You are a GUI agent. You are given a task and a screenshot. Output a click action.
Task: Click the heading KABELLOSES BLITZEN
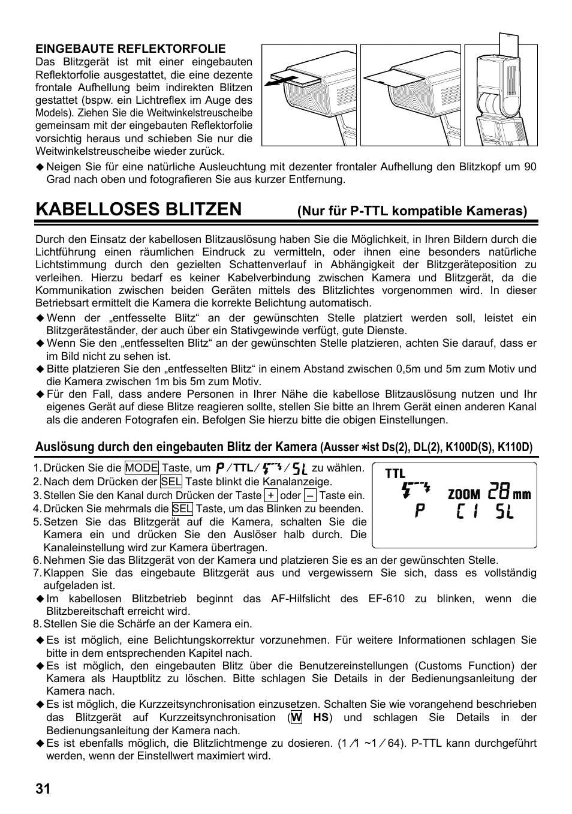coord(139,209)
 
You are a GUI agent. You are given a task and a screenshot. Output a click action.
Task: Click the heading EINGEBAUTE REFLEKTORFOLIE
coord(130,49)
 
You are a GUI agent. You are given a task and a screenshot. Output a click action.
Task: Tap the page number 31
coord(43,789)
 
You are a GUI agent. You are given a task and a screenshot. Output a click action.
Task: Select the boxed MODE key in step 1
coord(142,468)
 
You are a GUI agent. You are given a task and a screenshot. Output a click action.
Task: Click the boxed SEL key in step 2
coord(171,482)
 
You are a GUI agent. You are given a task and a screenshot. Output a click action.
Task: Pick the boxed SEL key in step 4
coord(182,509)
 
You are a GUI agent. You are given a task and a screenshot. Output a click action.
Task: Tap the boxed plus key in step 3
coord(272,495)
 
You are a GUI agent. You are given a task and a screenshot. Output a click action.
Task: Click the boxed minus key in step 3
coord(310,495)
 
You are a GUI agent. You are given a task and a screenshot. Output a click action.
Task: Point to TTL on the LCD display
coord(395,474)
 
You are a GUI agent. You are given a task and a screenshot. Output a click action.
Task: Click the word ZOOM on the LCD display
coord(464,495)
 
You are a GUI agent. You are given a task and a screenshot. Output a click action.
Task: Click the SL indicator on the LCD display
coord(505,513)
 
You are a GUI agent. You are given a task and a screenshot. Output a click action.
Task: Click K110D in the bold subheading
coord(518,447)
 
